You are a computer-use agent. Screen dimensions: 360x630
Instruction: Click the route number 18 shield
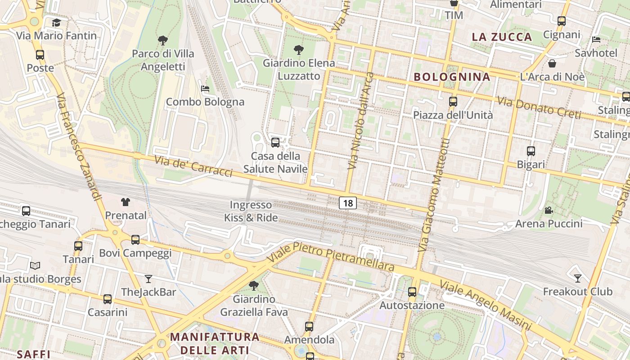point(348,203)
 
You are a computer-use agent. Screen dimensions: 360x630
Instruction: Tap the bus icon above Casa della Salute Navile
point(275,143)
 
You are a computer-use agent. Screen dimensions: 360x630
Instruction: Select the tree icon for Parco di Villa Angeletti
point(163,40)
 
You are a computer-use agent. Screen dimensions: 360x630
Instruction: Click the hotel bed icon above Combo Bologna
point(205,89)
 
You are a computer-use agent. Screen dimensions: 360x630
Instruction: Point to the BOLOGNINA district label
point(452,77)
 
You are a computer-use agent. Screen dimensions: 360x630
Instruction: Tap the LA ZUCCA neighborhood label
point(502,37)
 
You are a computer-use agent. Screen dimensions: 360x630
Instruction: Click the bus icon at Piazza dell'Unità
point(453,102)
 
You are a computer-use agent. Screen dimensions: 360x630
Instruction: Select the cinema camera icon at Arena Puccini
point(549,210)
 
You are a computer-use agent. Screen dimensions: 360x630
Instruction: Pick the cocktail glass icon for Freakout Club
point(578,278)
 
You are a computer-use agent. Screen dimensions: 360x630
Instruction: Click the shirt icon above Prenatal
point(126,202)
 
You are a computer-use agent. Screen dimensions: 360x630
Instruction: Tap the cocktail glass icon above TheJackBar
point(148,279)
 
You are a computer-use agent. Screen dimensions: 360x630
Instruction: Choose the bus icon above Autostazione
point(412,292)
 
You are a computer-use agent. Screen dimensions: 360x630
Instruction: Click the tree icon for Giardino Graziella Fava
point(254,285)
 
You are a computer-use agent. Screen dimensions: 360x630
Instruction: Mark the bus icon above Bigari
point(531,151)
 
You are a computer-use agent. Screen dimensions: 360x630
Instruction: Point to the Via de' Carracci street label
point(193,166)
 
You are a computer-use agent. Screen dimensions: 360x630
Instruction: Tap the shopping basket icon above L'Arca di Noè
point(552,63)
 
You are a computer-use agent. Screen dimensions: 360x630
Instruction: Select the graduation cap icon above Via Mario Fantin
point(56,23)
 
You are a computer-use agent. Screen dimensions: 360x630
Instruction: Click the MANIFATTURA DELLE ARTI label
point(215,343)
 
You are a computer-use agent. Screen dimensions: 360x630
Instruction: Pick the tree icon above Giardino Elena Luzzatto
point(298,49)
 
